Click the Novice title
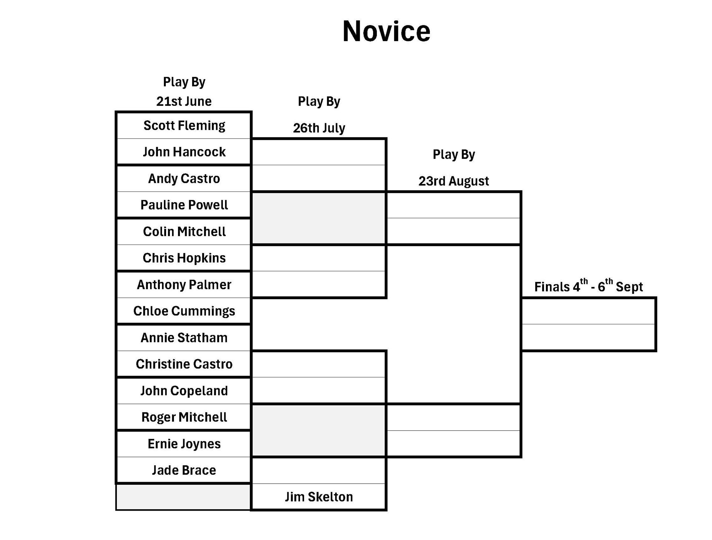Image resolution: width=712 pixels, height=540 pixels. [x=386, y=31]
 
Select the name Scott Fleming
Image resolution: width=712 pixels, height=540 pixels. [x=184, y=125]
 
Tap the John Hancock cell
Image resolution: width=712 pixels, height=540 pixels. [x=184, y=152]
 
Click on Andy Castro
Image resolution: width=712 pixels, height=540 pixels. [x=184, y=179]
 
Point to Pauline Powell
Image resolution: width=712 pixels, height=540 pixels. [x=184, y=205]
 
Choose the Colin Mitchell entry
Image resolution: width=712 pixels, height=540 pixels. [x=184, y=232]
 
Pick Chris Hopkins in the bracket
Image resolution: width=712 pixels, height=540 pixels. [x=184, y=258]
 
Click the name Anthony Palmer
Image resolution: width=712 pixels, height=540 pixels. [x=184, y=285]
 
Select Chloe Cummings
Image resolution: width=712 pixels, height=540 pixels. [x=184, y=311]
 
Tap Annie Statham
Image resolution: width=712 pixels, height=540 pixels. [x=184, y=338]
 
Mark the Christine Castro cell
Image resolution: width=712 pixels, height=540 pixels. [x=184, y=364]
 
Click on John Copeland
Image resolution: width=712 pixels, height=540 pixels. [x=184, y=391]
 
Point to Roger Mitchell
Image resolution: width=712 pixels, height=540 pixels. [x=184, y=417]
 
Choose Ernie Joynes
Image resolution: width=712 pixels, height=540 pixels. [x=184, y=444]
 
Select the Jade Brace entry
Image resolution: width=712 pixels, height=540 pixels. [x=184, y=470]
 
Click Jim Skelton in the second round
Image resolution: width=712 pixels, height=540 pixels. [x=319, y=497]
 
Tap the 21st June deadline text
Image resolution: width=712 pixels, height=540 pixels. [x=184, y=101]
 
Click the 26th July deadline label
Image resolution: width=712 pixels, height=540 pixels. [x=319, y=128]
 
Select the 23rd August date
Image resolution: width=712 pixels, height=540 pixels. [x=454, y=181]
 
